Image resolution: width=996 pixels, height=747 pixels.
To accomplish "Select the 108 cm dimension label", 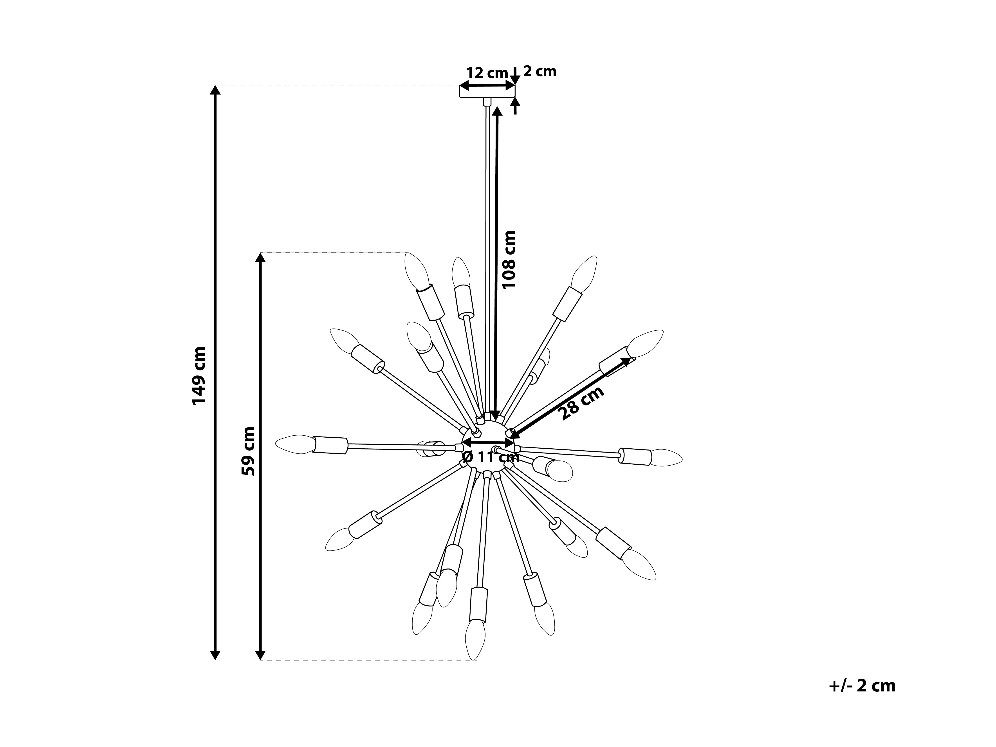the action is click(x=509, y=260).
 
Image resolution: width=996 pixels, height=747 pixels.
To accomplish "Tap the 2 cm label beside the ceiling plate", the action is click(x=539, y=71).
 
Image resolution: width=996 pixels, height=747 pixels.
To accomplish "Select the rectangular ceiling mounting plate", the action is click(x=487, y=91).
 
